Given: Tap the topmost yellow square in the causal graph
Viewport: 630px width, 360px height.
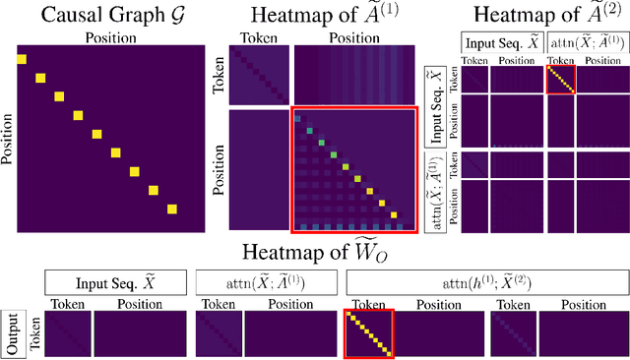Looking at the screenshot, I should coord(22,60).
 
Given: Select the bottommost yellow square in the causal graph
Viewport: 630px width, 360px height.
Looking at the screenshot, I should coord(172,208).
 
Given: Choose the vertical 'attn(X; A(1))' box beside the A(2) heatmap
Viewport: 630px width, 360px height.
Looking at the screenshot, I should coord(430,191).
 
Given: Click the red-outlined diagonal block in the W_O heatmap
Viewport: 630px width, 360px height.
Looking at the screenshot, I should coord(368,333).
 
